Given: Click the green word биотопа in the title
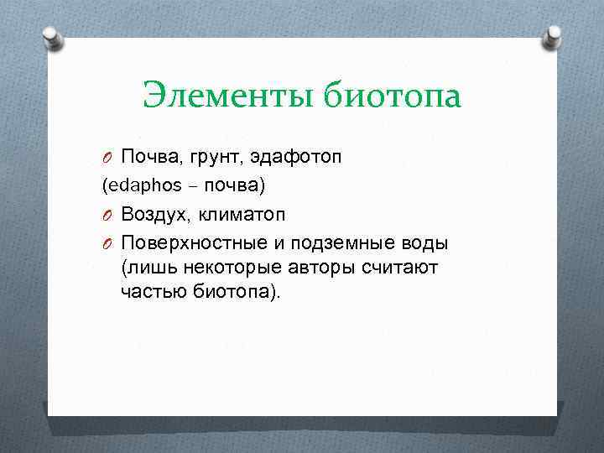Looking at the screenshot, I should (x=390, y=96).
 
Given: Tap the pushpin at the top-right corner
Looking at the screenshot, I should (x=554, y=37).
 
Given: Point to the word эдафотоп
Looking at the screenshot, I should (x=292, y=157).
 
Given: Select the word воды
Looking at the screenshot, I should (x=425, y=243).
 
